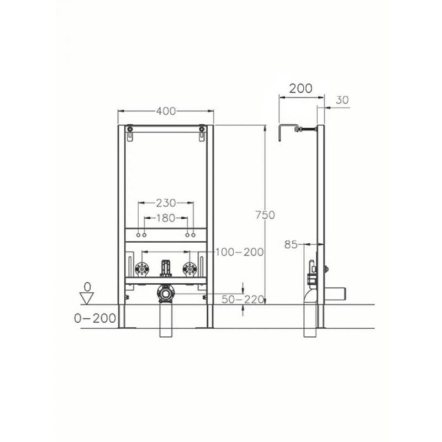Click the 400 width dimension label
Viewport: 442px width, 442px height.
tap(166, 111)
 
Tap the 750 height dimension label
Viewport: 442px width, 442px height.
tap(265, 215)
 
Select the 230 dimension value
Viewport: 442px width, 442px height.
tap(166, 203)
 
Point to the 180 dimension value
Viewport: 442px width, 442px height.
tap(166, 218)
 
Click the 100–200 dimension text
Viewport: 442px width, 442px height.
tap(239, 252)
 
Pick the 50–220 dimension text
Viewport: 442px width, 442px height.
tap(243, 299)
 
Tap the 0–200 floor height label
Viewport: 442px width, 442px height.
tap(95, 318)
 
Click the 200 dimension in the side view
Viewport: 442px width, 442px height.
tap(301, 88)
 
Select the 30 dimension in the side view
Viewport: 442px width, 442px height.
tap(342, 100)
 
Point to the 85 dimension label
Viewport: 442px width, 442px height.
tap(291, 244)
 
